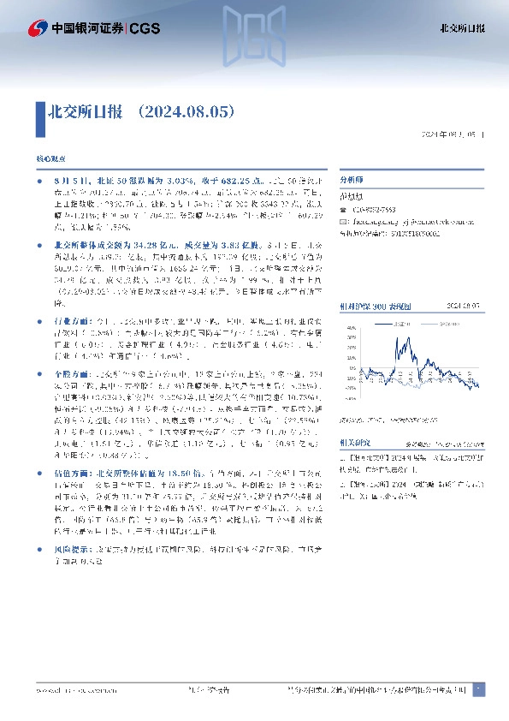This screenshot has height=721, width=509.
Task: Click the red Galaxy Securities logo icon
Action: (x=37, y=28)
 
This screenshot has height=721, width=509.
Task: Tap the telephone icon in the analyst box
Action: (x=343, y=210)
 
